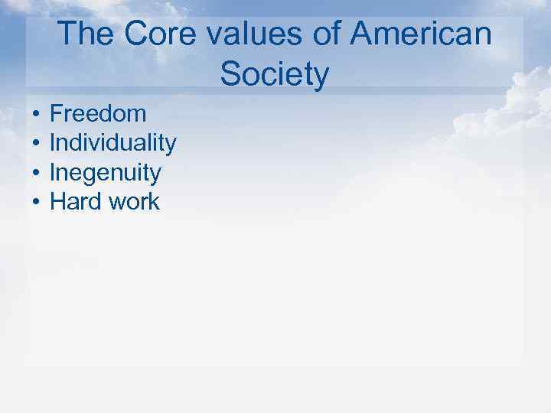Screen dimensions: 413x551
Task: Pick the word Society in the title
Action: coord(274,75)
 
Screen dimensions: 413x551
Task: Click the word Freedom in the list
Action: coord(98,114)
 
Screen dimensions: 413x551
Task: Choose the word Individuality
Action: coord(113,143)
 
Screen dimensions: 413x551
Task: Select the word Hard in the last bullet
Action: coord(75,202)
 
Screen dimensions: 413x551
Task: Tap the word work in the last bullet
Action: coord(134,202)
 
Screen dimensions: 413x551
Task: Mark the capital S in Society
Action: coord(229,75)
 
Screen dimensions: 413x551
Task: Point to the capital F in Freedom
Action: coord(56,114)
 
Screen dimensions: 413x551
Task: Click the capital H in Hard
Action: coord(57,202)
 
